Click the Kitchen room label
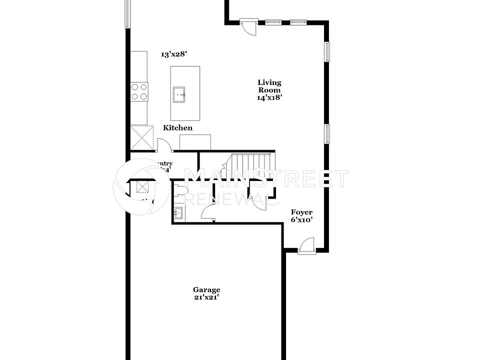click(x=177, y=128)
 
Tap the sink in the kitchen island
click(x=179, y=93)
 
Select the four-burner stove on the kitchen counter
click(x=139, y=91)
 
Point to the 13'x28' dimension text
click(x=173, y=54)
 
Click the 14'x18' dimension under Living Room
click(x=270, y=97)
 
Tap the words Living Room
click(x=269, y=86)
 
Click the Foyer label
click(x=302, y=212)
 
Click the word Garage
click(x=206, y=289)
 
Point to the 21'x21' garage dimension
click(x=206, y=297)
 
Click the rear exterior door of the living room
click(x=248, y=27)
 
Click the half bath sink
click(x=178, y=213)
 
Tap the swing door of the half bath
click(x=207, y=213)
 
